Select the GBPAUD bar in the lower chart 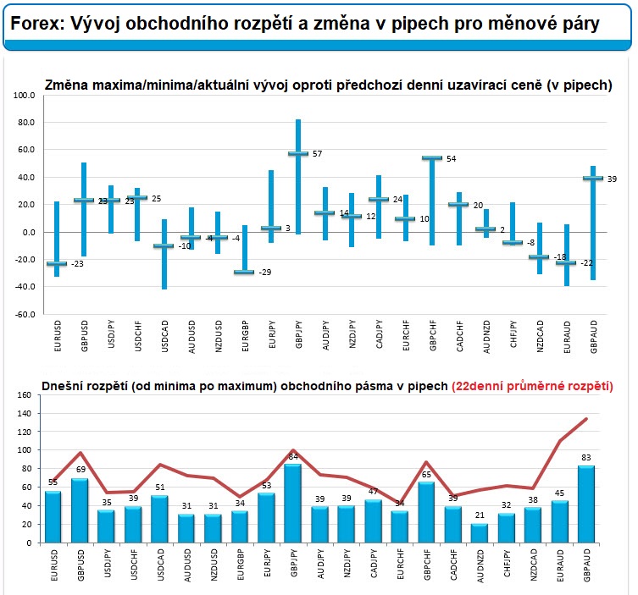pos(585,504)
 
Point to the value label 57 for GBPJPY pos(317,154)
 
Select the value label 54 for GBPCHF pos(451,159)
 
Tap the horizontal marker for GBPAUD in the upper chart pos(593,179)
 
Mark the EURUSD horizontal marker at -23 pos(57,264)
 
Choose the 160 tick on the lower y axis pos(23,394)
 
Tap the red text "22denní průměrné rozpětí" pos(533,386)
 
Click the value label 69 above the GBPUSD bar pos(80,469)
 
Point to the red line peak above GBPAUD pos(585,419)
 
